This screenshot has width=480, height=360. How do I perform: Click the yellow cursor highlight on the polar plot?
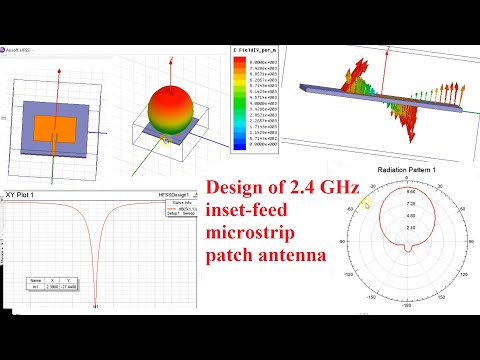pyautogui.click(x=368, y=203)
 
